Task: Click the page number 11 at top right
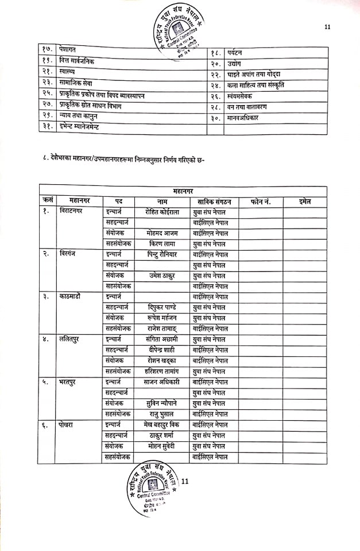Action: point(328,26)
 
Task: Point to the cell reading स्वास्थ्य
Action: point(71,74)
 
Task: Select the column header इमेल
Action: point(305,201)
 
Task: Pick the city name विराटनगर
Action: point(72,212)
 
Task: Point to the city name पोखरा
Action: point(68,424)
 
